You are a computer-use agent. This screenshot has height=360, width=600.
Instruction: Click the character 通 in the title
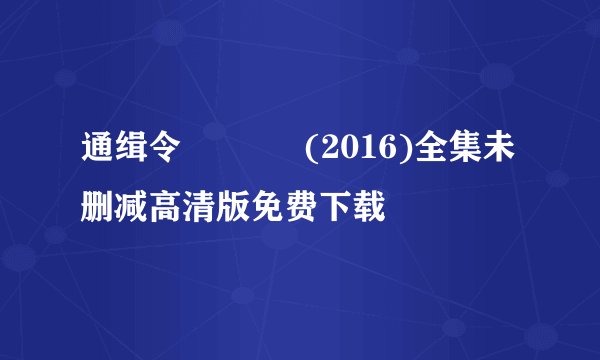(x=98, y=153)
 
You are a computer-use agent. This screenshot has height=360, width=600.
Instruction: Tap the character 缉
(x=131, y=153)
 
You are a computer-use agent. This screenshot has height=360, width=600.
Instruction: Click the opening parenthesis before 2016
(x=313, y=153)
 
